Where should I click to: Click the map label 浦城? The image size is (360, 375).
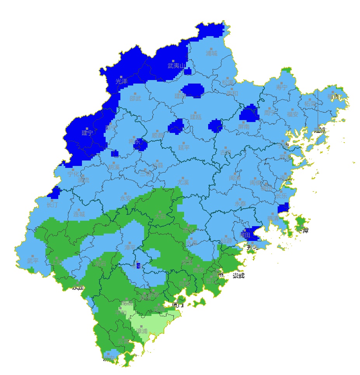tap(212, 54)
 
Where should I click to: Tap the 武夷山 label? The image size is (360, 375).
tap(177, 66)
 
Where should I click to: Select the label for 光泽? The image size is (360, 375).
tap(121, 82)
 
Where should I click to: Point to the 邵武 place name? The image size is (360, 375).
tap(135, 99)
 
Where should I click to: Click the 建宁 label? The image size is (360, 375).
tap(87, 133)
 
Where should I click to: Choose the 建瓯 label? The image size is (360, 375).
tap(196, 117)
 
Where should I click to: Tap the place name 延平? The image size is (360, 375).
tap(184, 148)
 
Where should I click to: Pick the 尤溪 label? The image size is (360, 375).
tap(183, 182)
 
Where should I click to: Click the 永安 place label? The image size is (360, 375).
tap(125, 198)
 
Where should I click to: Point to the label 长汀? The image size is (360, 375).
tap(52, 205)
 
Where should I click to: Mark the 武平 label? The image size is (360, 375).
tap(33, 261)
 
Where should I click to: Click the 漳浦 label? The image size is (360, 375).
tap(142, 331)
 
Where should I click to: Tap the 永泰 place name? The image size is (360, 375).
tap(240, 203)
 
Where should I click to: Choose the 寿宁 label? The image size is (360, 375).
tap(282, 87)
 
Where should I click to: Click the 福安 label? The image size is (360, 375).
tap(293, 114)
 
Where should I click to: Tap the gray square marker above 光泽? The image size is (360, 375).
tap(121, 77)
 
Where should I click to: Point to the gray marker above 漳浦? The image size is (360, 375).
tap(141, 326)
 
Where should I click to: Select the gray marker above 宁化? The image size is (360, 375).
tap(73, 169)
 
